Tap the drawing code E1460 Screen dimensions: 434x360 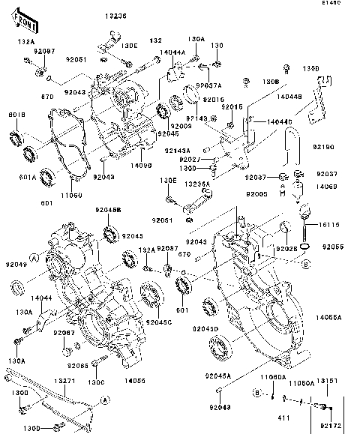[x=346, y=4]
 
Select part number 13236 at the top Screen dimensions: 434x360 [x=115, y=15]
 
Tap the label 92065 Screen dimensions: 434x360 [x=79, y=366]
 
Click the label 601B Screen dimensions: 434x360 [x=16, y=115]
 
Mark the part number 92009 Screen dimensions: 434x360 [x=181, y=127]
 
